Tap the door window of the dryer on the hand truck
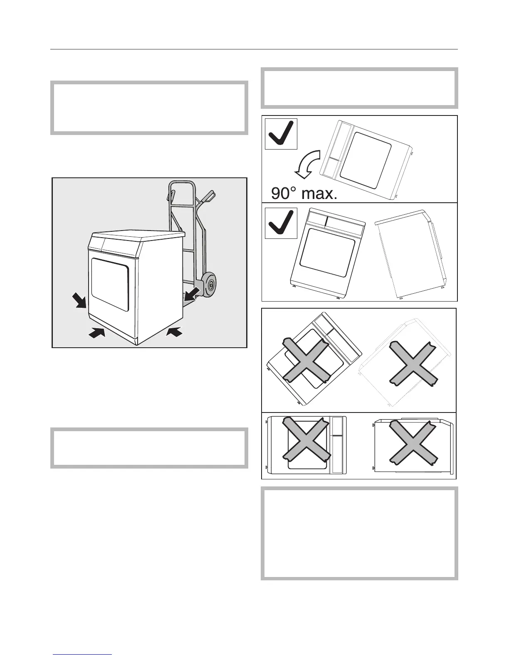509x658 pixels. click(110, 284)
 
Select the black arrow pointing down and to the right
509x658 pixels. click(79, 299)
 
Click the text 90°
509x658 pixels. click(287, 194)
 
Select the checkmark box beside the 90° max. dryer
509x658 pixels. click(281, 134)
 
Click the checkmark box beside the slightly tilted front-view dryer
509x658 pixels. click(281, 223)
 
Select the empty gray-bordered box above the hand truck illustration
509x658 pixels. click(149, 108)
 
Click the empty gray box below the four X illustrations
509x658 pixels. click(359, 533)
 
